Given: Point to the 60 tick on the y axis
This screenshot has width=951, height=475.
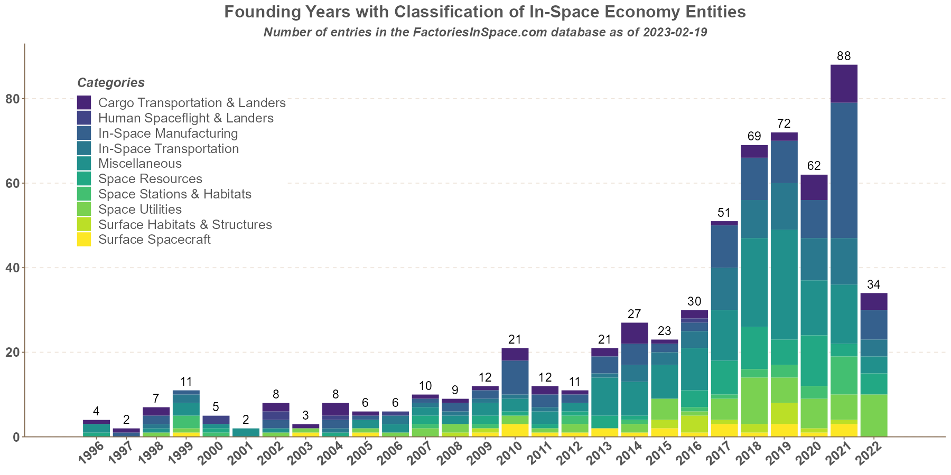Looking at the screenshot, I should [x=12, y=183].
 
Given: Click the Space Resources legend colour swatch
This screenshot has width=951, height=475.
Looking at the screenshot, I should [x=84, y=179].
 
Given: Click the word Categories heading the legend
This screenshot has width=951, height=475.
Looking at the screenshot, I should [x=111, y=83].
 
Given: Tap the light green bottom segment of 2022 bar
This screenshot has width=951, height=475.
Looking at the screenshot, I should [x=874, y=415].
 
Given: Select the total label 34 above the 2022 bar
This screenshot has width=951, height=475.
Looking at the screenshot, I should [x=874, y=284].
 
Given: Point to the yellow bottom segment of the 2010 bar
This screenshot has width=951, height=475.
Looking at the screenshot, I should [x=515, y=430].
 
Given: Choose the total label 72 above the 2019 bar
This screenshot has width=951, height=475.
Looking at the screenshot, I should [x=784, y=123].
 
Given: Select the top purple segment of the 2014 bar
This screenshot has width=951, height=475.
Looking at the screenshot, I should [x=635, y=333].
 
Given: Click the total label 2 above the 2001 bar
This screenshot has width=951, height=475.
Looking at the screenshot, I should [x=246, y=420].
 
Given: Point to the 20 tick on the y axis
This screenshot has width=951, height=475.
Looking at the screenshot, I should [x=12, y=352].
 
